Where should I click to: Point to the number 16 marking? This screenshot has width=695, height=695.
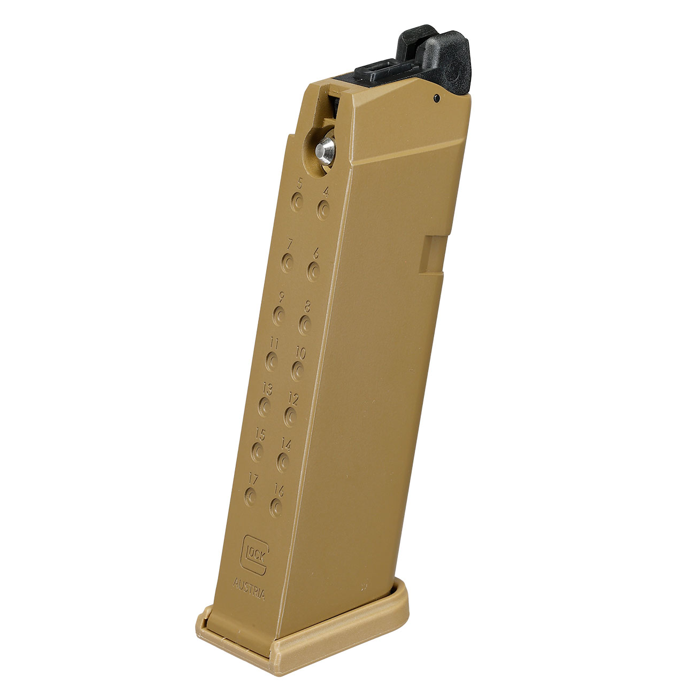(279, 488)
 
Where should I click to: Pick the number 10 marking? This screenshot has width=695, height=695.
(301, 353)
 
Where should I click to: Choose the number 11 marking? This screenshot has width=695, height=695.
(274, 342)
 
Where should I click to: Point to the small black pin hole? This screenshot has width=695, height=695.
(437, 98)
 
